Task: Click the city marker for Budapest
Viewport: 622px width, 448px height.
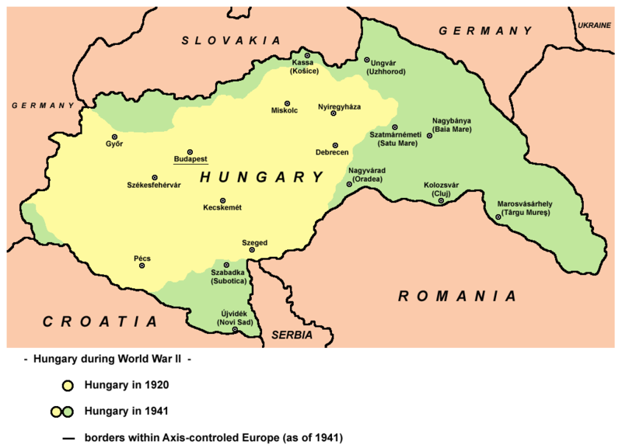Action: click(189, 151)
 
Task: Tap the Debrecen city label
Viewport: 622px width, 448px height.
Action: click(332, 154)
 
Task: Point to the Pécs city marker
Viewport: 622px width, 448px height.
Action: click(142, 266)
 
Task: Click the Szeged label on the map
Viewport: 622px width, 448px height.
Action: click(254, 243)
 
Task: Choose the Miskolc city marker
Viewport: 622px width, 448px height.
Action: click(288, 103)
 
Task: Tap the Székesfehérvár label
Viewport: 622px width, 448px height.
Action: click(154, 186)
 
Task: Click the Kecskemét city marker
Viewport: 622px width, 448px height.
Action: click(223, 200)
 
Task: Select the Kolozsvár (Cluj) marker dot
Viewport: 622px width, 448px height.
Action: click(441, 201)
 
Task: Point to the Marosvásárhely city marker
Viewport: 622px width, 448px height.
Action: click(498, 217)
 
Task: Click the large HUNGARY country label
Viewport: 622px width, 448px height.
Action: click(261, 178)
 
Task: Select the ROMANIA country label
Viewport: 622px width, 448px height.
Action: click(456, 296)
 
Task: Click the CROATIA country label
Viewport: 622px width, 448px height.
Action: click(99, 321)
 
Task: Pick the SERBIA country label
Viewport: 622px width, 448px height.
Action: click(292, 335)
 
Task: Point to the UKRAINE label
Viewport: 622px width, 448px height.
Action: click(594, 26)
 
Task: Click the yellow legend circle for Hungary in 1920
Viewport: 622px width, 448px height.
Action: click(68, 384)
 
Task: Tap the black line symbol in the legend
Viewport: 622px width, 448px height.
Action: click(68, 436)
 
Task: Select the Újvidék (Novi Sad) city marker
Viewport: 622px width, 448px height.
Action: click(236, 330)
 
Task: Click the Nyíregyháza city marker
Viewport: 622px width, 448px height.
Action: click(334, 113)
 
